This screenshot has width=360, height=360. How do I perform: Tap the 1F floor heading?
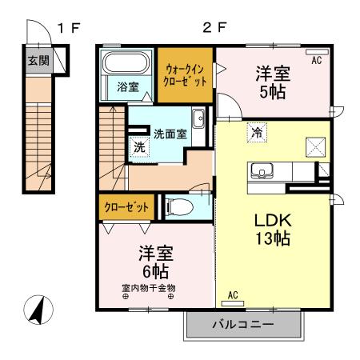point(67,28)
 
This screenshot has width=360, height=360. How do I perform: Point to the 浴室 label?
point(127,86)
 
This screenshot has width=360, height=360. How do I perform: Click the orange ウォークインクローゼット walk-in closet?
point(185,76)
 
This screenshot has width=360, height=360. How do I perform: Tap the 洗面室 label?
point(170,134)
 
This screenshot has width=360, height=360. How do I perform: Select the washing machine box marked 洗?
point(138,146)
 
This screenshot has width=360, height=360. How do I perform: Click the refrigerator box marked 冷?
point(257,134)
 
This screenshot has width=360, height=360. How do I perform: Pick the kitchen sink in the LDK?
point(262,170)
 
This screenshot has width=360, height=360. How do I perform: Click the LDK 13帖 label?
point(271,229)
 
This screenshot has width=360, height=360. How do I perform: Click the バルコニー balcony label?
point(243,325)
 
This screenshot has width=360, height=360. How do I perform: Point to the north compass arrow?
point(36,311)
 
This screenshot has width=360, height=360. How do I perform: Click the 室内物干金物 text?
point(149,288)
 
